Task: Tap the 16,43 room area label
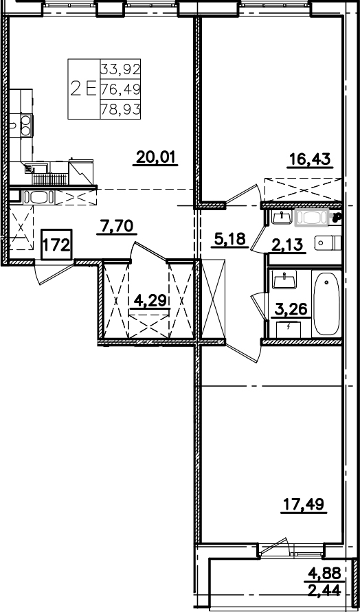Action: (x=310, y=159)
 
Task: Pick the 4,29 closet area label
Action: (x=150, y=301)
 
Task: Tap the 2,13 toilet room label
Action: (x=289, y=245)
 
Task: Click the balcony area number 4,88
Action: (x=324, y=573)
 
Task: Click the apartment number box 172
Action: (x=56, y=245)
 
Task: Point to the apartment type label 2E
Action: (x=83, y=89)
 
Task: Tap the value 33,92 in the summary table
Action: (x=120, y=69)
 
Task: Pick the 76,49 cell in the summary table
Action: (x=120, y=89)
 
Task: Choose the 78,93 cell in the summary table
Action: (x=120, y=109)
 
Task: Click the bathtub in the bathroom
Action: (x=326, y=304)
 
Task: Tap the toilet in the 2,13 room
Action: (x=328, y=242)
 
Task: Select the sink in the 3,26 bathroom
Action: (x=284, y=280)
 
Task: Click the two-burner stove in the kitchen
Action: (x=26, y=126)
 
